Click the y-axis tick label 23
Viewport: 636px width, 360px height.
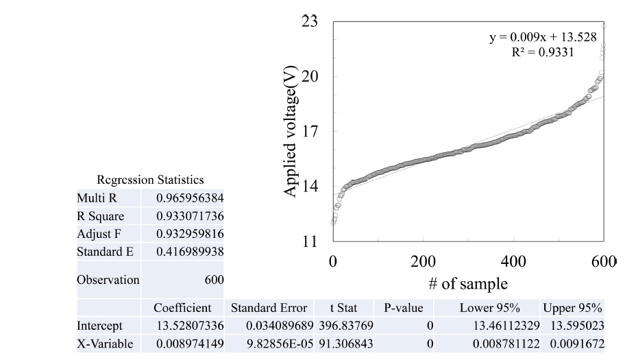310,22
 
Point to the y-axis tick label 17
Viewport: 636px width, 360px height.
310,132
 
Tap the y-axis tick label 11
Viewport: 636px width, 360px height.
310,241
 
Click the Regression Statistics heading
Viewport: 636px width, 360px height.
151,180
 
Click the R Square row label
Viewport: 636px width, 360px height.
101,216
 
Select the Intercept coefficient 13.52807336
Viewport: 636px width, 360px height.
189,324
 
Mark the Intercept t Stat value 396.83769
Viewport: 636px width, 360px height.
346,324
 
